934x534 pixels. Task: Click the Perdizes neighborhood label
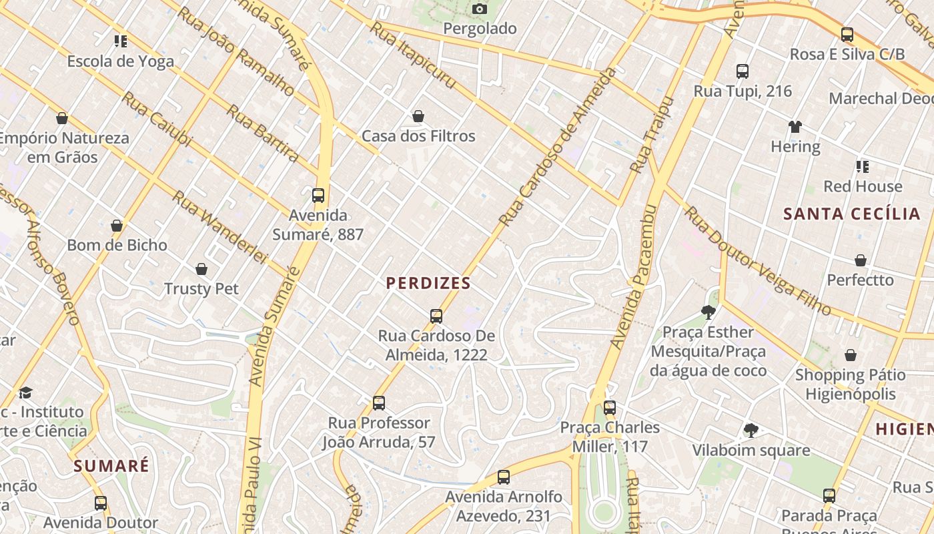click(x=428, y=283)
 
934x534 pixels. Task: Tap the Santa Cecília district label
click(x=852, y=214)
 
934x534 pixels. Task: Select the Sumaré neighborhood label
click(x=111, y=466)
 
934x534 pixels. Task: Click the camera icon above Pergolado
click(x=479, y=9)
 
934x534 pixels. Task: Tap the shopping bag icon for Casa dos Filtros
click(x=418, y=117)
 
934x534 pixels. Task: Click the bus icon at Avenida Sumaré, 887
click(x=318, y=196)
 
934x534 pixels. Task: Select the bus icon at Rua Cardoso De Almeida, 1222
click(x=436, y=316)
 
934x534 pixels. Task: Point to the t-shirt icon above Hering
click(x=795, y=127)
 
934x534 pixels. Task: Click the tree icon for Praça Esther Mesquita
click(x=708, y=312)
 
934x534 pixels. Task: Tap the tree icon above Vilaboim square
click(x=751, y=431)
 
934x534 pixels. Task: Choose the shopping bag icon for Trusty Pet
click(x=201, y=269)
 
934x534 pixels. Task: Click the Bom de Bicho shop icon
click(x=117, y=226)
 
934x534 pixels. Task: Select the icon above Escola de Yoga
click(x=120, y=41)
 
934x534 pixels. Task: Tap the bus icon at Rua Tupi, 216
click(x=743, y=71)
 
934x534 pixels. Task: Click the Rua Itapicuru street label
click(x=413, y=55)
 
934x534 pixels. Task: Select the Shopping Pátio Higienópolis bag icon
click(x=850, y=355)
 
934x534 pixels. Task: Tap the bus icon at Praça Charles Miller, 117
click(x=610, y=408)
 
